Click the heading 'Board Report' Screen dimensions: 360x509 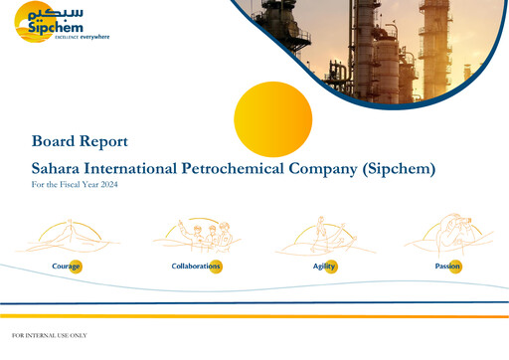click(80, 142)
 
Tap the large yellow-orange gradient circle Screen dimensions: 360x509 click(272, 119)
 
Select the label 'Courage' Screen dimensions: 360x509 click(66, 267)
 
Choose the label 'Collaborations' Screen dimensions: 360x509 click(195, 267)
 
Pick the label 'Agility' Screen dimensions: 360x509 click(324, 267)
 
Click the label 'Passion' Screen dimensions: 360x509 click(447, 267)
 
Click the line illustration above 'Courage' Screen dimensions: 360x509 click(66, 237)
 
